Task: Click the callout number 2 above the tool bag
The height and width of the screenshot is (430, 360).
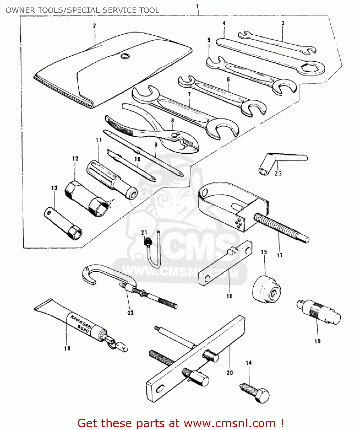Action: (x=95, y=26)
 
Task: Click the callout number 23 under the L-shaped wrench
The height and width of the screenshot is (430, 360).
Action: (x=278, y=173)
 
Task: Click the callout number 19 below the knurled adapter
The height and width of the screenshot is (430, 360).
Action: (x=317, y=341)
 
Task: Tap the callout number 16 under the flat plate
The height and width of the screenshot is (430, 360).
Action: (x=229, y=296)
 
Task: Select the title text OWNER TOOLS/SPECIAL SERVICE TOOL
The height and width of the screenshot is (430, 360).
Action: (x=82, y=10)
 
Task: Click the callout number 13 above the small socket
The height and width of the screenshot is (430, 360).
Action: (x=54, y=188)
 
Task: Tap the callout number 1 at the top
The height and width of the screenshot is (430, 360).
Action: (x=197, y=6)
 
